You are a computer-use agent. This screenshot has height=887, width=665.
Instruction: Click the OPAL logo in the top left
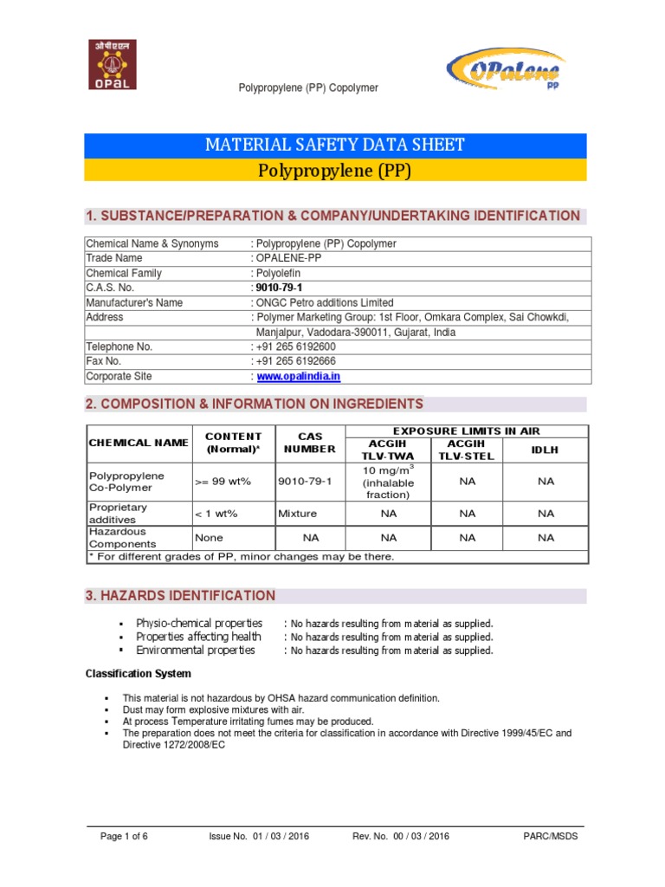pos(112,64)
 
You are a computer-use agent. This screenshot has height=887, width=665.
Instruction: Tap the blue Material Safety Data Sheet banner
pos(335,145)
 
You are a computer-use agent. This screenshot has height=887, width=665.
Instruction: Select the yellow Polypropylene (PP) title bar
pos(335,170)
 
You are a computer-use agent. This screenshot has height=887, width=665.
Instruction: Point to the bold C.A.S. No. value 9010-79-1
pos(279,288)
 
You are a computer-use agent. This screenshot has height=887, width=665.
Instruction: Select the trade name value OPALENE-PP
pos(286,258)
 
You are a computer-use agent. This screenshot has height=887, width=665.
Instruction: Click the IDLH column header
pos(545,450)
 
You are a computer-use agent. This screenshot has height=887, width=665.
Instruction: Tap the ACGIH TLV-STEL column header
pos(468,450)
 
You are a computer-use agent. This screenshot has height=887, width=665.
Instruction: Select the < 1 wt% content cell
pos(216,513)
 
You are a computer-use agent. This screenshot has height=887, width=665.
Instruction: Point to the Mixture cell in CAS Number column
pos(297,513)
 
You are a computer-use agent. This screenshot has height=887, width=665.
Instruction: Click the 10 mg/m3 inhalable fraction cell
pos(388,481)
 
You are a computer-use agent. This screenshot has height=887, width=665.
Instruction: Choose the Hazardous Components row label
pos(120,537)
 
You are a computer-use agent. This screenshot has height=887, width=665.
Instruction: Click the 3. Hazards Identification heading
pos(180,596)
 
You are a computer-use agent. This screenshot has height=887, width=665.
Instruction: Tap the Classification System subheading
pos(138,673)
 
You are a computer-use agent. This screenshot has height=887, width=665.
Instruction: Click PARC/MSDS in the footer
pos(551,836)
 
